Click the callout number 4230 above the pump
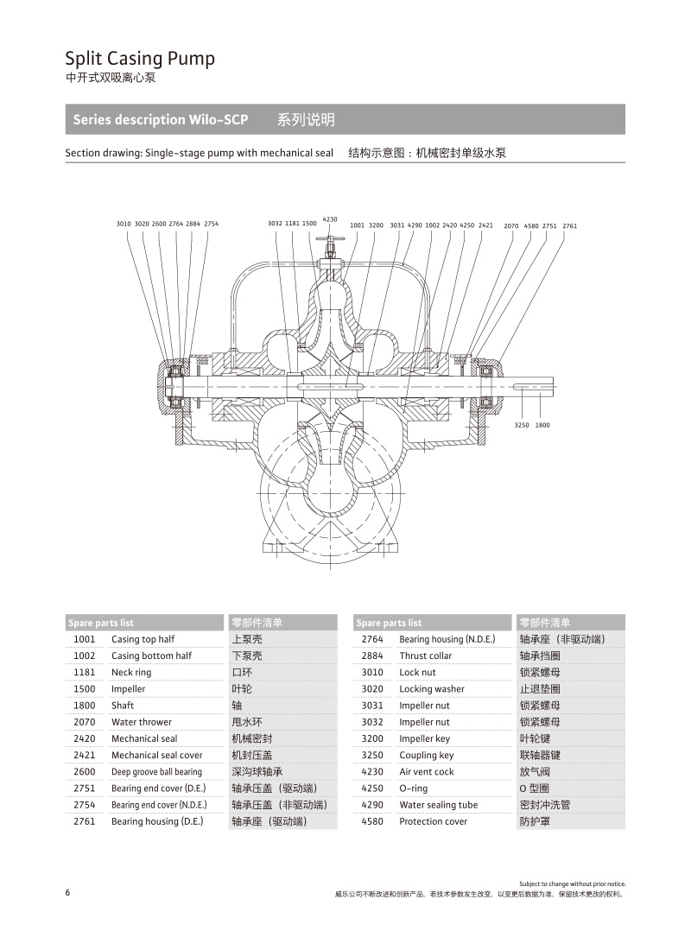330,219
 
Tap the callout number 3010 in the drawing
124,224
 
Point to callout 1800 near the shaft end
542,425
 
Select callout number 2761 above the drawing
569,225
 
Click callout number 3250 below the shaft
522,425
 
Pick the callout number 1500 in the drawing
309,224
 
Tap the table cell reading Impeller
128,689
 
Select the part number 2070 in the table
85,722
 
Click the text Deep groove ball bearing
156,772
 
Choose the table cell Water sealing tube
438,805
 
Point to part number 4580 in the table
372,821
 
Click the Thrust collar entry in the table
425,655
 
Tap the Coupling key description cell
426,755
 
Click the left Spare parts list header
102,623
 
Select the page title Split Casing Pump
140,59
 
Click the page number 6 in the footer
67,893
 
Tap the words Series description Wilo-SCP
161,120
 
